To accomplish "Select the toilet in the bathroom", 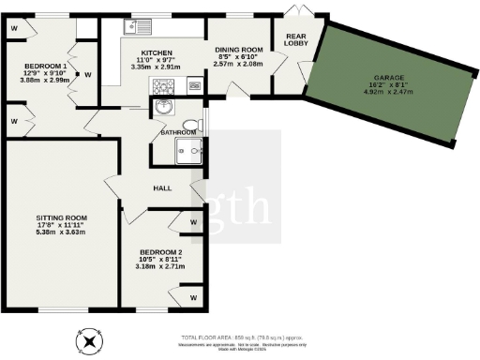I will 192,125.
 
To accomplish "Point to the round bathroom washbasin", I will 165,105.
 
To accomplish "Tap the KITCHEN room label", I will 154,52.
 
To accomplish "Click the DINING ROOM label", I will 238,49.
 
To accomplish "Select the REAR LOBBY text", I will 284,40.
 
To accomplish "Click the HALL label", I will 162,188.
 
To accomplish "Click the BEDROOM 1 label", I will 46,66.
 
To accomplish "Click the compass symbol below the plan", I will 90,341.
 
